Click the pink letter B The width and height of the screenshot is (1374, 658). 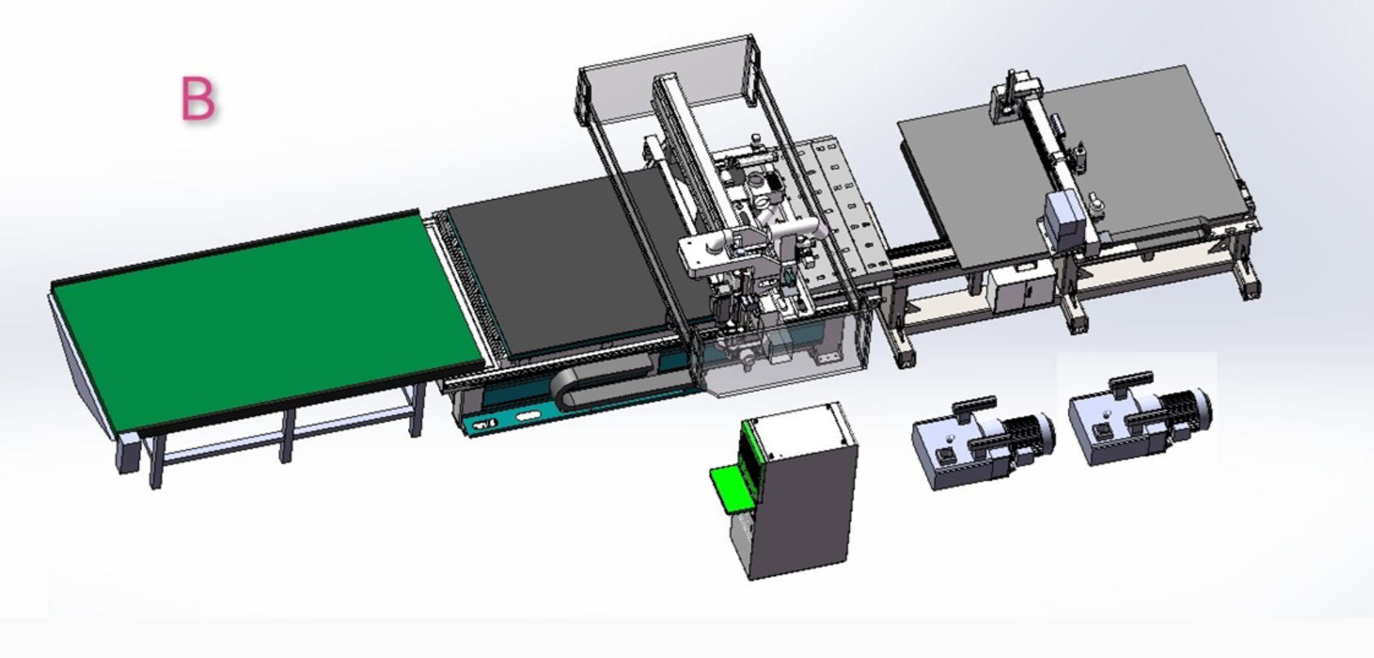(198, 98)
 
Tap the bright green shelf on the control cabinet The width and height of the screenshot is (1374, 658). (733, 488)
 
